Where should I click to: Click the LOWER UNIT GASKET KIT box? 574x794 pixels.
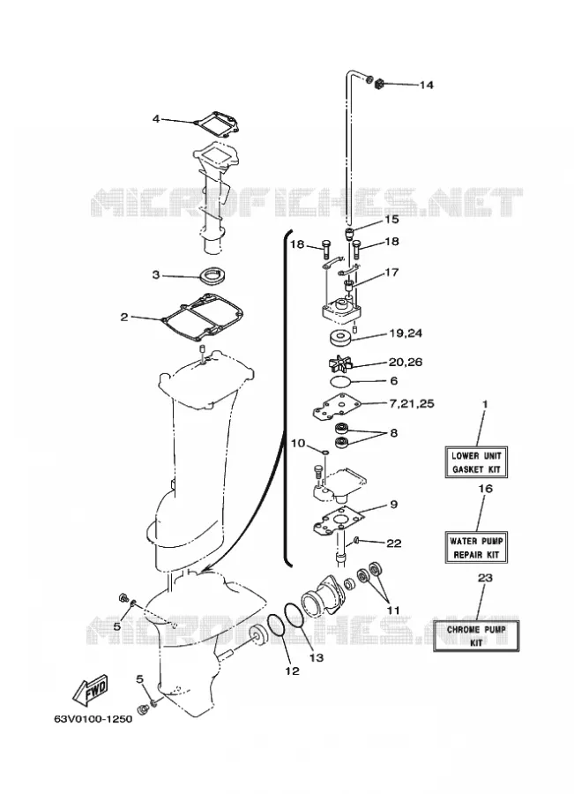[476, 461]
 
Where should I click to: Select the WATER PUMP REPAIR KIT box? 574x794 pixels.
[476, 547]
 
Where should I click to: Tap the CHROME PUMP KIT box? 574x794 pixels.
[476, 635]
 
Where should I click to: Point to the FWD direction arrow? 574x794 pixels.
[91, 689]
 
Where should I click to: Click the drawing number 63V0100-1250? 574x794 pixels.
[93, 719]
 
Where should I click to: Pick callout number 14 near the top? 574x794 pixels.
[426, 85]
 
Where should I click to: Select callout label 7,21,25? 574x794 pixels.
[411, 403]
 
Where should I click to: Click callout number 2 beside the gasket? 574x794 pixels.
[124, 318]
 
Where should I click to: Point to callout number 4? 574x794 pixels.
[156, 119]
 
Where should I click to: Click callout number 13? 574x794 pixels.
[316, 658]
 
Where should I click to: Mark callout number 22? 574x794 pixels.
[394, 543]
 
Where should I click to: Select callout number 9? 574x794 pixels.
[393, 505]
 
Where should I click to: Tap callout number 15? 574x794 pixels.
[391, 220]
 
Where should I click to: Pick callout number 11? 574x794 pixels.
[393, 610]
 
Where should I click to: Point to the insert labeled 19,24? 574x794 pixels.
[340, 337]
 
